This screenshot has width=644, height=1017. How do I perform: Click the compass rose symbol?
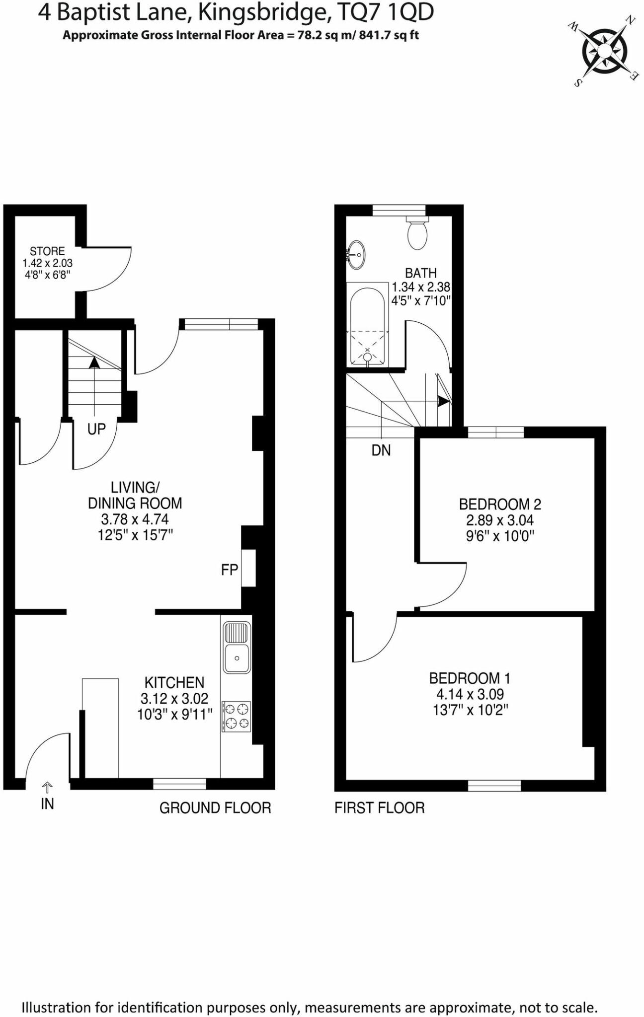(x=604, y=51)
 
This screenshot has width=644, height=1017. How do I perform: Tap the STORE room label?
(x=47, y=251)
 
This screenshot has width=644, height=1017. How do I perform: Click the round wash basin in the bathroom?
(x=356, y=255)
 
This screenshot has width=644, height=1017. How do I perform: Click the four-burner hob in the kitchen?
(x=237, y=716)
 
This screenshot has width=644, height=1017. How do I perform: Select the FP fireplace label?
(x=230, y=570)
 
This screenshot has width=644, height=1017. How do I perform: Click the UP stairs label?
(x=96, y=429)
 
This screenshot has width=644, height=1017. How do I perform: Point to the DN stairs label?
(x=381, y=450)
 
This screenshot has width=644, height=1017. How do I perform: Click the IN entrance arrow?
(x=47, y=787)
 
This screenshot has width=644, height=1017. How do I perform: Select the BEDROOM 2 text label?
(x=500, y=505)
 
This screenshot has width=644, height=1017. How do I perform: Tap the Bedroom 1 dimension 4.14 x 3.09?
(x=470, y=694)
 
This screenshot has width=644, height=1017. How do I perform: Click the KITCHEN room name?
(x=174, y=682)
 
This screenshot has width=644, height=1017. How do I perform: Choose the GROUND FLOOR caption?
(x=215, y=808)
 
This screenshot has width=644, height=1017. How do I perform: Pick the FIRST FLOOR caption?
(x=380, y=808)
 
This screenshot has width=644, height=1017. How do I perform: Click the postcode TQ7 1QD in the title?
(x=385, y=13)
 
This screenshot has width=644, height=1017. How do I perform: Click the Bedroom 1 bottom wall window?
(x=494, y=785)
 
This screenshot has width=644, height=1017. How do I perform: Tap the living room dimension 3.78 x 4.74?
(x=135, y=519)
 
